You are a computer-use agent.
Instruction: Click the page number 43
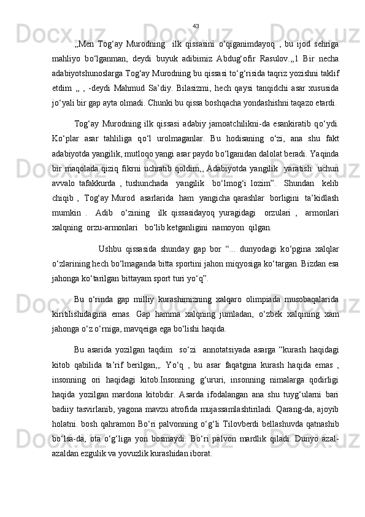[196, 26]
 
